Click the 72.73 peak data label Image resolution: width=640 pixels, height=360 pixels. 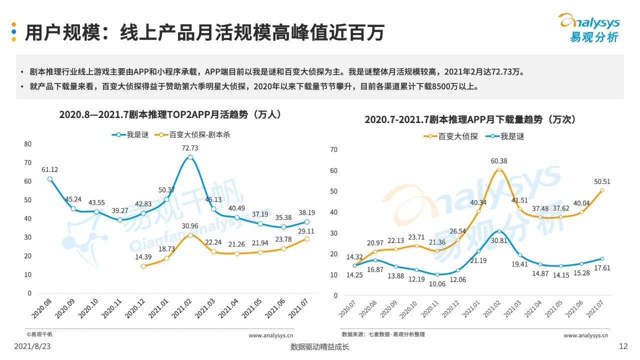[x=190, y=148]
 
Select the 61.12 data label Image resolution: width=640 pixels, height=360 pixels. [x=50, y=169]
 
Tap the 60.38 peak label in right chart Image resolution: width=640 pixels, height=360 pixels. [x=499, y=161]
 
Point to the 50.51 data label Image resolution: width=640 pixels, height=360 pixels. [x=601, y=181]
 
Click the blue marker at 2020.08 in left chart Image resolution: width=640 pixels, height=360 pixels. [x=49, y=179]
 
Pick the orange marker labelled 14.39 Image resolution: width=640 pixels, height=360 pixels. [x=143, y=266]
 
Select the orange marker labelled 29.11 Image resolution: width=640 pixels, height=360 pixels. [x=306, y=239]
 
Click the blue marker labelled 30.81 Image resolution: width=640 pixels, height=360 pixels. [x=499, y=231]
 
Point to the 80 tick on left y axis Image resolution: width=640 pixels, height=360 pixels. [x=27, y=144]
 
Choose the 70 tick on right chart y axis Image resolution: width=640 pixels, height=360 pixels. [x=334, y=149]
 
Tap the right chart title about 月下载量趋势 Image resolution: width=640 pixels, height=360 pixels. [x=470, y=120]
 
